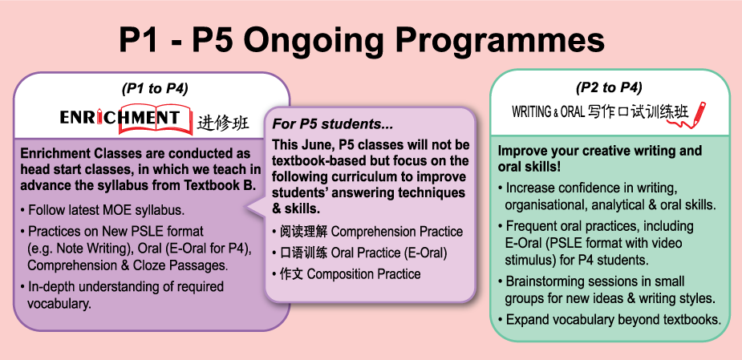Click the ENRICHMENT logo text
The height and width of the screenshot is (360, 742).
click(120, 117)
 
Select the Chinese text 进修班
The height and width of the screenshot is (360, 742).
click(223, 123)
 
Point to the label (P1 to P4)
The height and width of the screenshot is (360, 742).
click(155, 88)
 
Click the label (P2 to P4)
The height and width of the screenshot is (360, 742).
click(609, 87)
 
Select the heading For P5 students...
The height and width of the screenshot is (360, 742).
click(332, 124)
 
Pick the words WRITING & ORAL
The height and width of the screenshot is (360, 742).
click(549, 112)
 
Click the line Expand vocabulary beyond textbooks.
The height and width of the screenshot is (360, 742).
click(614, 320)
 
